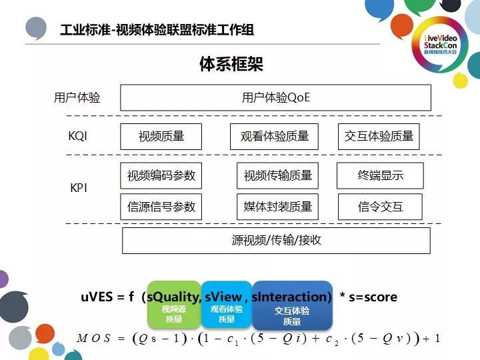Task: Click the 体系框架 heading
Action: coord(231,65)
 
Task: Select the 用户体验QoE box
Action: coord(275,98)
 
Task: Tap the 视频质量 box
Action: coord(161,137)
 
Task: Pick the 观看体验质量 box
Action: coord(274,137)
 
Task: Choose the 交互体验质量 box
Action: coord(379,137)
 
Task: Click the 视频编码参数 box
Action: coord(161,176)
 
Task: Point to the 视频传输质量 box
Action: coord(277,176)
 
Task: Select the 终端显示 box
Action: coord(380,176)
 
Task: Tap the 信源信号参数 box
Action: coord(161,207)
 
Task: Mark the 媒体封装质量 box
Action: coord(277,207)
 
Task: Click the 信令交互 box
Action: coord(380,207)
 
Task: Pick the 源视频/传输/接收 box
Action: coord(276,240)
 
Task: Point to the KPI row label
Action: coord(79,189)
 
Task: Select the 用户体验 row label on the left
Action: coord(77,98)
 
